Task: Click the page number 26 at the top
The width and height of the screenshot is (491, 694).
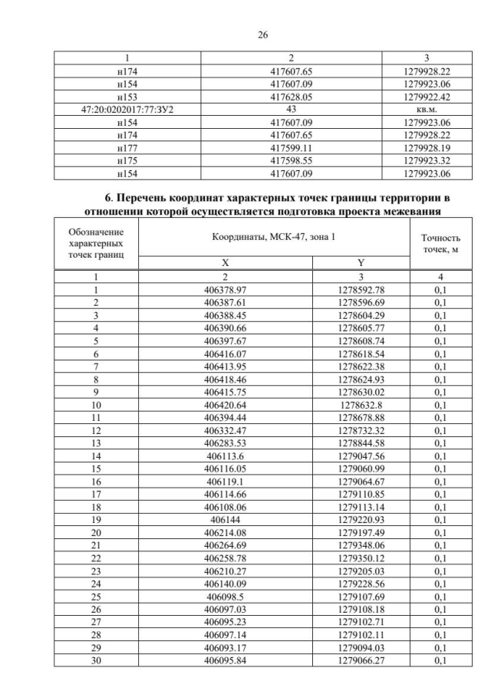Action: tap(245, 35)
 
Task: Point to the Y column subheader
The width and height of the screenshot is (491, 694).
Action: tap(361, 263)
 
